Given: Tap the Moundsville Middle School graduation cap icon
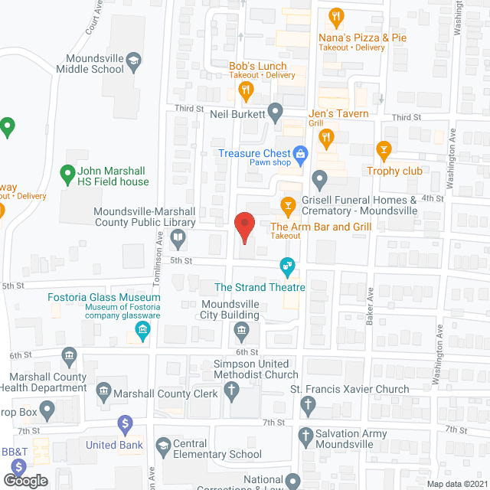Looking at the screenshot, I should click(132, 59).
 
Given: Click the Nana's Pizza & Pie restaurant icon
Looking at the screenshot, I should click(335, 16).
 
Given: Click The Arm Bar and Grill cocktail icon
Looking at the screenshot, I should click(288, 205).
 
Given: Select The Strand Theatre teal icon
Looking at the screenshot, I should click(288, 267).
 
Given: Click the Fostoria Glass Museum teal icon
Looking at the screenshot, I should click(142, 331).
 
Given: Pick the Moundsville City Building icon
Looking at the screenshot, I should click(242, 331).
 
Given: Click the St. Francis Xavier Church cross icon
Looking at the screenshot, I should click(308, 403).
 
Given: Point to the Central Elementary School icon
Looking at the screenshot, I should click(162, 445).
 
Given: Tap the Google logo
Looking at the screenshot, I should click(24, 480).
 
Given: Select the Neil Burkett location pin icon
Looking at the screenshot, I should click(276, 114).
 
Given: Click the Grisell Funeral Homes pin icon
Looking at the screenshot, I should click(320, 180).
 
